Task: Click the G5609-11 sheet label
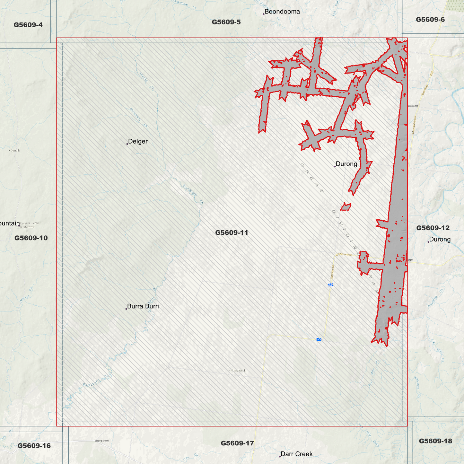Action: (232, 232)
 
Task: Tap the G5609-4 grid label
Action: (28, 25)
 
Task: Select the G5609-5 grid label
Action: (226, 22)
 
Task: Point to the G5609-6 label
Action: (430, 19)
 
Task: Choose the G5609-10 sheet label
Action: (31, 238)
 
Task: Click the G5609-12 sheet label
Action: (433, 228)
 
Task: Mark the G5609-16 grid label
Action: (34, 445)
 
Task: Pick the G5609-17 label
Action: (237, 443)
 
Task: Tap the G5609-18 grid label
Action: (435, 441)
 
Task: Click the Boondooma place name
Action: (282, 12)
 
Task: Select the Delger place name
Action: (138, 141)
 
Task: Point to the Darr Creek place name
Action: (296, 454)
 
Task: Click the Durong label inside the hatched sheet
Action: (346, 164)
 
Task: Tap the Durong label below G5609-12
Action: (440, 239)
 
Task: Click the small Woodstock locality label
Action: (238, 371)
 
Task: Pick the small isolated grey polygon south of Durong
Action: (346, 206)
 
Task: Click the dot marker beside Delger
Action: (127, 144)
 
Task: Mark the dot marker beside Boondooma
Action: (264, 14)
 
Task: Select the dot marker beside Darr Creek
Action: (280, 456)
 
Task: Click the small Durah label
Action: (15, 150)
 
